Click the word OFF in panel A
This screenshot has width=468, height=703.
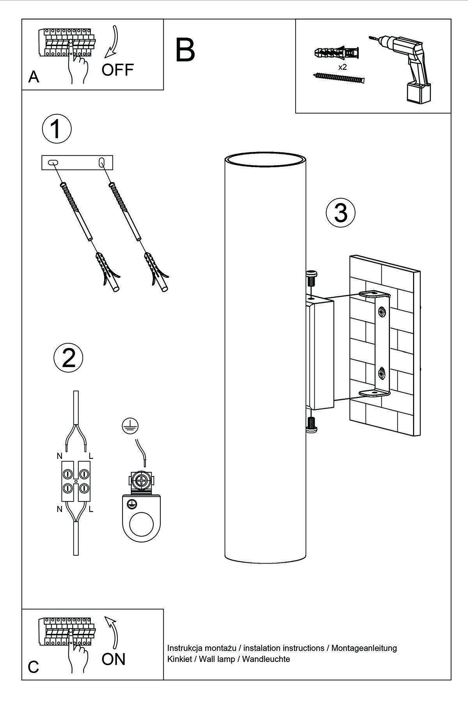[x=117, y=70]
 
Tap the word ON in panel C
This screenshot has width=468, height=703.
[x=113, y=659]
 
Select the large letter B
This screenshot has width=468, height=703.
[x=185, y=50]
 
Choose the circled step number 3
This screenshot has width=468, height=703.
[x=340, y=213]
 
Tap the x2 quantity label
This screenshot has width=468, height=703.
[x=342, y=67]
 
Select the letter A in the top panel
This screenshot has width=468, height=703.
[x=34, y=77]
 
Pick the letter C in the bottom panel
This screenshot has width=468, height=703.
[x=34, y=667]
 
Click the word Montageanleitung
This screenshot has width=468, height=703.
[x=364, y=648]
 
